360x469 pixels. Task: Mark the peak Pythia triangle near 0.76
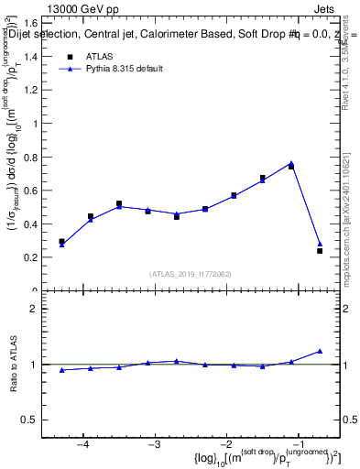click(x=291, y=163)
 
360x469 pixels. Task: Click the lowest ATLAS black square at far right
click(x=320, y=250)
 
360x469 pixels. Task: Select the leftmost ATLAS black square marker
click(x=61, y=242)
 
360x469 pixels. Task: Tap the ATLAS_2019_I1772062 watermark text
click(x=191, y=273)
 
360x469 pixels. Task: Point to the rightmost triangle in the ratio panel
click(x=320, y=351)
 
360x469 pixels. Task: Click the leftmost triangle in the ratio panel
click(x=61, y=370)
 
